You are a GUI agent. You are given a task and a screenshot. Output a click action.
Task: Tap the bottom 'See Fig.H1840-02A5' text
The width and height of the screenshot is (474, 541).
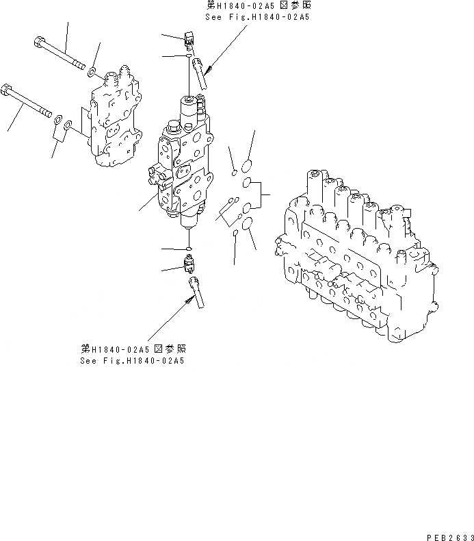(x=133, y=360)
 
